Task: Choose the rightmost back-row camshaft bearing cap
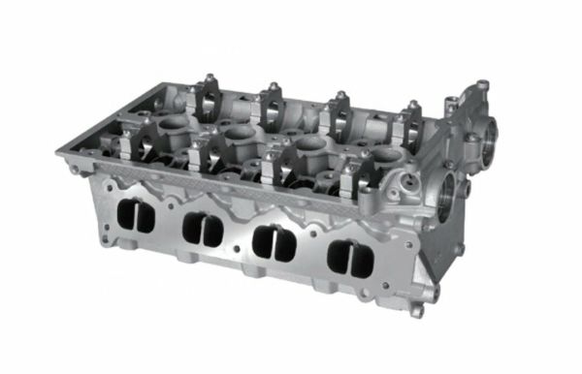(411, 122)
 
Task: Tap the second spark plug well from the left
(238, 132)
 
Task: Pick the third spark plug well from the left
(310, 144)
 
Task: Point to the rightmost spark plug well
(385, 155)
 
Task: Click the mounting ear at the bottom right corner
(416, 310)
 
